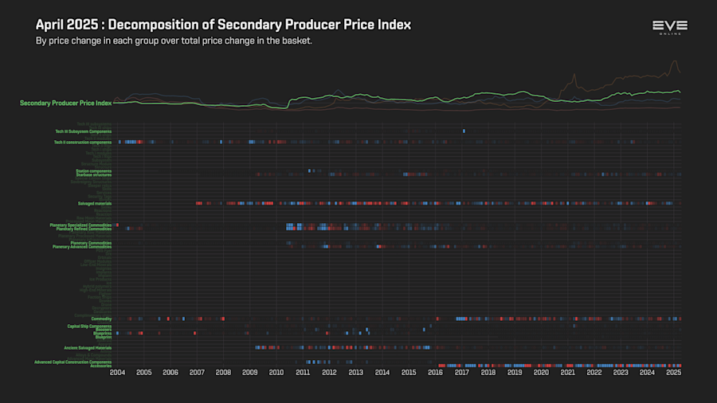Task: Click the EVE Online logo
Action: (x=669, y=27)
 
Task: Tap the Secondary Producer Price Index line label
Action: (x=65, y=103)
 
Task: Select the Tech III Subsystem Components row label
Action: (x=83, y=131)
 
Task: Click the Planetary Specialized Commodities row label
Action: (x=80, y=225)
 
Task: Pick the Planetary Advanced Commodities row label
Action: (x=82, y=247)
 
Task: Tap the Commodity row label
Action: (x=101, y=319)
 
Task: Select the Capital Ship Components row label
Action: (x=89, y=326)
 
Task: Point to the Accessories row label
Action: (x=101, y=366)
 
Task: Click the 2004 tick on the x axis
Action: (x=117, y=373)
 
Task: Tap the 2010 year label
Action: (x=276, y=373)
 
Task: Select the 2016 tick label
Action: (x=435, y=373)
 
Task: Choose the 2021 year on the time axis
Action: (x=568, y=373)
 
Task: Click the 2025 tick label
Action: (x=673, y=373)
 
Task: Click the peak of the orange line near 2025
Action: (x=676, y=61)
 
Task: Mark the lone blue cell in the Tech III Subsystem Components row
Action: (x=464, y=131)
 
